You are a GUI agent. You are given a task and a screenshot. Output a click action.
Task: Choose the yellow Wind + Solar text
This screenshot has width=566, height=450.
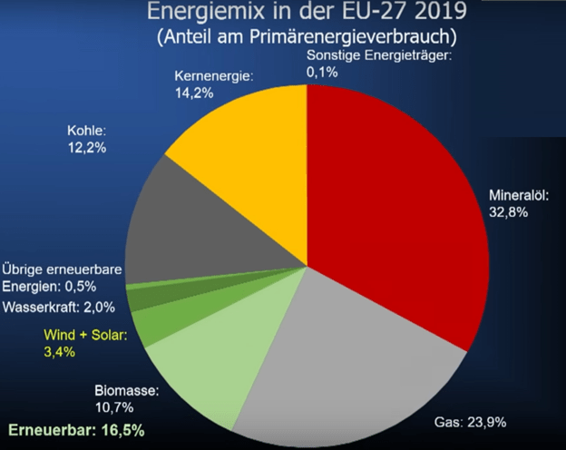point(85,333)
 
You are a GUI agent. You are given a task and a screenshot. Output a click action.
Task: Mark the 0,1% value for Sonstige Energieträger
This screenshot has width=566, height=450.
point(321,72)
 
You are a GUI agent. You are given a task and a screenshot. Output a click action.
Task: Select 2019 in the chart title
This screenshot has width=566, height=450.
point(422,15)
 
